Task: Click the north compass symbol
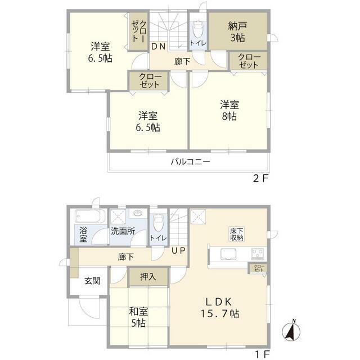tap(291, 331)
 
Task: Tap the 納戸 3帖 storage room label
tap(237, 32)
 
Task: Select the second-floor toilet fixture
tap(197, 29)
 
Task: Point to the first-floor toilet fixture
tap(158, 222)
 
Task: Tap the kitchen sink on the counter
tap(228, 254)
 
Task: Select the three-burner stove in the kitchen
tap(258, 254)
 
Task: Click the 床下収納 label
tap(237, 234)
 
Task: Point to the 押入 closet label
tap(148, 277)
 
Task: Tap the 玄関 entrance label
tap(92, 281)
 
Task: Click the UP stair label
tap(179, 250)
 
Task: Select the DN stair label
tap(158, 47)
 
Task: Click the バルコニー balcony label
tap(190, 162)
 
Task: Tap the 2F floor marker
tap(260, 178)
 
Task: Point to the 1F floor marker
tap(263, 355)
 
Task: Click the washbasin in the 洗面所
tap(138, 214)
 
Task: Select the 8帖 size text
tap(229, 116)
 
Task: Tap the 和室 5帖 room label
tap(138, 317)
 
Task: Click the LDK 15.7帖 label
tap(220, 308)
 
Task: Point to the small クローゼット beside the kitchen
tap(259, 268)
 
